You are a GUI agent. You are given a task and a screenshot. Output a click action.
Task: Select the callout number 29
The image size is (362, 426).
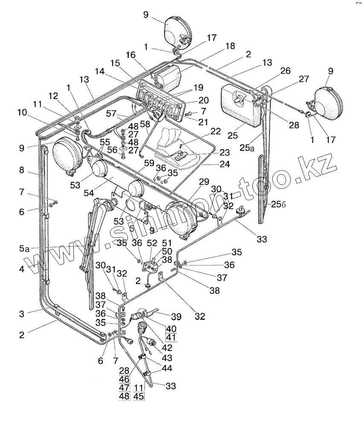[204, 182]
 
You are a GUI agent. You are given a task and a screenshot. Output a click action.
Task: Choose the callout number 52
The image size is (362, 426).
[152, 243]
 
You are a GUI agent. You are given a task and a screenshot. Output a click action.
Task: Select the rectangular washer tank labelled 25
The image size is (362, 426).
[240, 104]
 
